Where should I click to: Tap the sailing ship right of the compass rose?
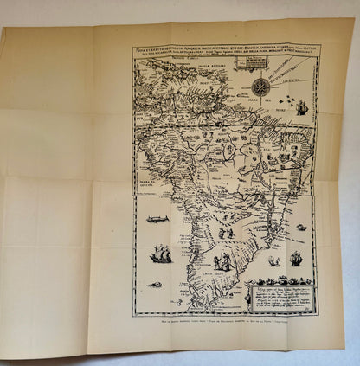[302, 107]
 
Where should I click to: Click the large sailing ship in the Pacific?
[160, 254]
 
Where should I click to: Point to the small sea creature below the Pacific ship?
[155, 284]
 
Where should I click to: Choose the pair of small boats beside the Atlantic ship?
[274, 260]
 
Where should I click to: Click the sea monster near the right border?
[301, 227]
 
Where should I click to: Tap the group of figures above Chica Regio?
[223, 260]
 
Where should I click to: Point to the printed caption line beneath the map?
[226, 322]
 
